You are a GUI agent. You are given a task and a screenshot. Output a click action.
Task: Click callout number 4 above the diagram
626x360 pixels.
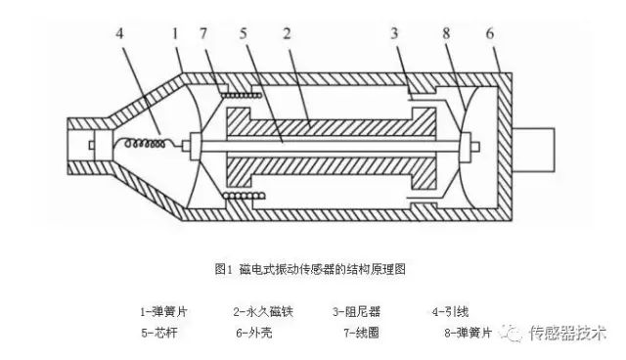[x=120, y=33]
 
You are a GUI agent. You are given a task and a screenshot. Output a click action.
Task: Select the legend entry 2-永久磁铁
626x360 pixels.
[x=263, y=311]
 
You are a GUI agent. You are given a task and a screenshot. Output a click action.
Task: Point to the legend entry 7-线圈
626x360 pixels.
[x=360, y=333]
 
